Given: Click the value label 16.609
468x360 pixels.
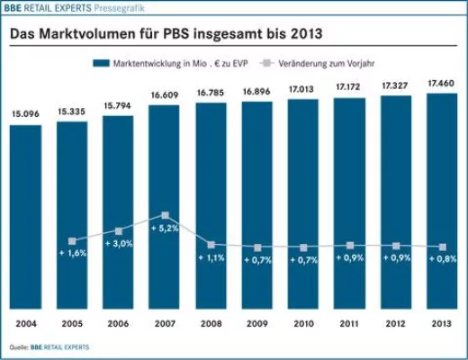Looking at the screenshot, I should click(164, 94).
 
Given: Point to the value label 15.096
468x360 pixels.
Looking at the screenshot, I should click(25, 114).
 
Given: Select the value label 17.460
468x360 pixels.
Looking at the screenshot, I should click(441, 82).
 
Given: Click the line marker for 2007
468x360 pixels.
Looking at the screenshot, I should click(165, 216).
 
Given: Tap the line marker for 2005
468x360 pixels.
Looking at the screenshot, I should click(72, 241).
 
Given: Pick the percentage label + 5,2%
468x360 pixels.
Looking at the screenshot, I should click(165, 229).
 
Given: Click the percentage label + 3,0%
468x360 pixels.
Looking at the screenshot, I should click(119, 244).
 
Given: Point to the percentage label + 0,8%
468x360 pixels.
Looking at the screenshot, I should click(441, 259).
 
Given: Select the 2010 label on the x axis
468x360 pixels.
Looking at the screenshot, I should click(302, 321).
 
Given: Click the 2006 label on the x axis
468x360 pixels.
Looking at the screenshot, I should click(118, 321).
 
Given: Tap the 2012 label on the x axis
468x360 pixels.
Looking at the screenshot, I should click(395, 321).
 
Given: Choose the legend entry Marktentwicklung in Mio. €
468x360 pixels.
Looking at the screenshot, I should click(171, 63).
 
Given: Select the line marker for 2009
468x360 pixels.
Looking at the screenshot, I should click(256, 247).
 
